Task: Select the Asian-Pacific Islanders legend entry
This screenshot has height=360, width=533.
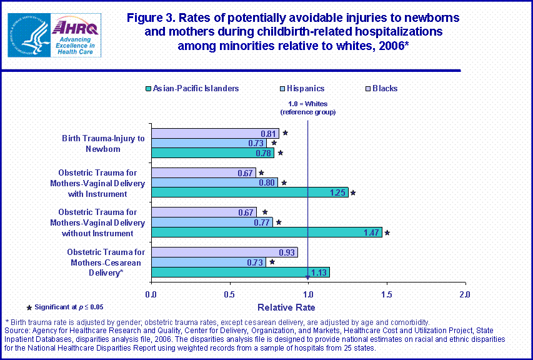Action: (x=192, y=89)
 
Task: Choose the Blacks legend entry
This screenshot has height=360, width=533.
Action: (x=381, y=89)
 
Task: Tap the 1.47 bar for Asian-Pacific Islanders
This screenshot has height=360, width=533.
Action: (x=266, y=232)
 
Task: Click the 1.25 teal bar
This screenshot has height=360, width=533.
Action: (x=249, y=192)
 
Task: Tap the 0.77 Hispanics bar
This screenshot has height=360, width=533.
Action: (x=212, y=222)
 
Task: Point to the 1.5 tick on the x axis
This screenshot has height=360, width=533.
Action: (x=387, y=294)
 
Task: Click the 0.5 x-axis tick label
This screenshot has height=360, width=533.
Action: (x=229, y=294)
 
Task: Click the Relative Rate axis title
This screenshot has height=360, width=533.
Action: (x=286, y=307)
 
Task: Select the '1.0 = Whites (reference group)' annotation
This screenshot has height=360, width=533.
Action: (x=308, y=107)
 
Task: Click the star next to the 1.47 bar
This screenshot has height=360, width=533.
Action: (x=387, y=232)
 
